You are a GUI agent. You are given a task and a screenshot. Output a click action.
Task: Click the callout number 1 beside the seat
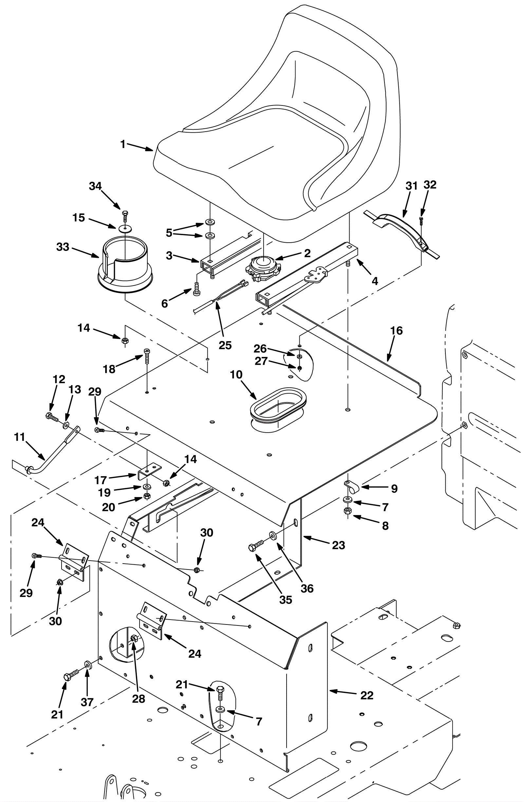[x=123, y=144]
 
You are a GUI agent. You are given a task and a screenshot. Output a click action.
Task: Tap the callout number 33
[x=63, y=247]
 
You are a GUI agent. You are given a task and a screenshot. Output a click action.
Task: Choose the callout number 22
[x=366, y=695]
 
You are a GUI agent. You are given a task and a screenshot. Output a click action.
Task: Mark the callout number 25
[x=225, y=345]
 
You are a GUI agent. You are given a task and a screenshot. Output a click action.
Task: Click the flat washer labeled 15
[x=125, y=229]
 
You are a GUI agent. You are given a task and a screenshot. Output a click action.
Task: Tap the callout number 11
[x=20, y=437]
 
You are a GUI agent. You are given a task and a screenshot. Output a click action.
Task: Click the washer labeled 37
[x=88, y=664]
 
